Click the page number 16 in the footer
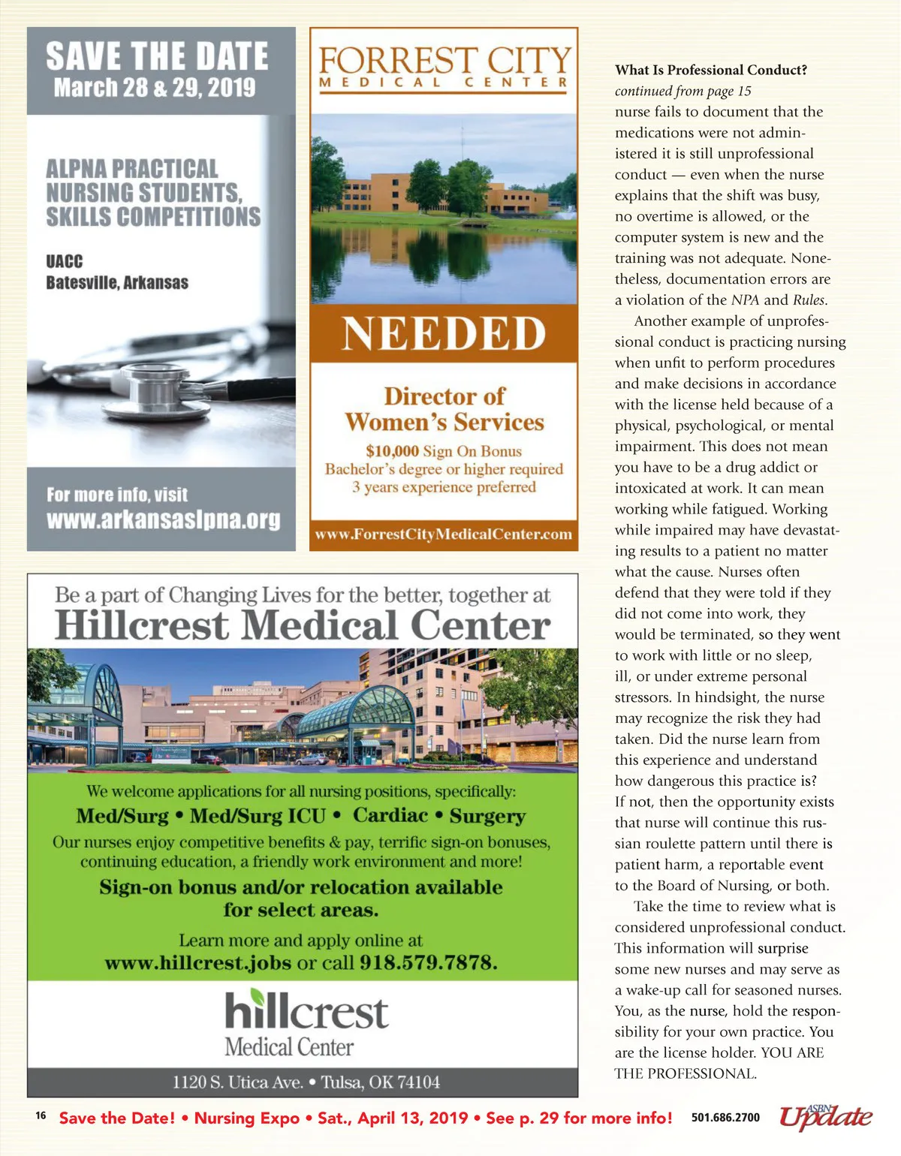(41, 1115)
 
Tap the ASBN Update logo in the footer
(825, 1116)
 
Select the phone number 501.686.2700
(725, 1118)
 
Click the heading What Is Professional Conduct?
(710, 70)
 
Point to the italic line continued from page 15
(683, 91)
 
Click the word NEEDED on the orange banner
(444, 334)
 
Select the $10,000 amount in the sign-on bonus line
(392, 451)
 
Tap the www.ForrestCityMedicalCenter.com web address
(444, 534)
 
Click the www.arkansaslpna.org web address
(163, 519)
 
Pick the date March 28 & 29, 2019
(155, 88)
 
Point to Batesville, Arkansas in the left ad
(117, 283)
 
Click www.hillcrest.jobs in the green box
(197, 963)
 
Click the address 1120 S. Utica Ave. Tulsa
(306, 1082)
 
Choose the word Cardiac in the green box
(390, 815)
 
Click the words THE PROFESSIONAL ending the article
(685, 1073)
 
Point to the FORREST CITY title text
(444, 60)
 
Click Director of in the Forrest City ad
(444, 396)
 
